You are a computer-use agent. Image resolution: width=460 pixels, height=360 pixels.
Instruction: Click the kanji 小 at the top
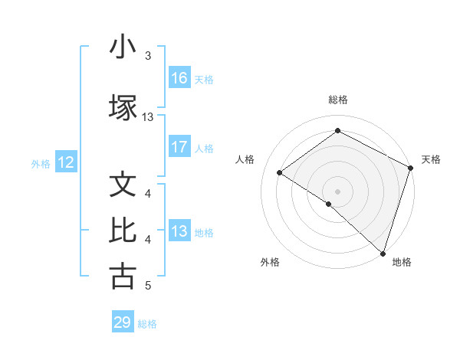click(123, 47)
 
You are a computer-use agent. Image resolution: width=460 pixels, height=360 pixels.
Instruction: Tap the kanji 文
click(123, 185)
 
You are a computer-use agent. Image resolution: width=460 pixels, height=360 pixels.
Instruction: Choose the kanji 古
click(123, 277)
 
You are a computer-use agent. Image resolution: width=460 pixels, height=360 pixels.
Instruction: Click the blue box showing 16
click(179, 78)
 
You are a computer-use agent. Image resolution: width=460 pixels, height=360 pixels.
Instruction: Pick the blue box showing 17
click(179, 147)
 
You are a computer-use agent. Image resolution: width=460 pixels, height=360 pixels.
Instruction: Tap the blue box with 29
click(123, 322)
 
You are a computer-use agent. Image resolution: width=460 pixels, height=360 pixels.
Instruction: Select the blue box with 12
click(66, 162)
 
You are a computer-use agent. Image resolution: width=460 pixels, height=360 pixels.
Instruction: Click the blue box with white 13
click(179, 231)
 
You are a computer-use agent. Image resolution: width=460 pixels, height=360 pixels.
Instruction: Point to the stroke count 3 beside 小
click(148, 56)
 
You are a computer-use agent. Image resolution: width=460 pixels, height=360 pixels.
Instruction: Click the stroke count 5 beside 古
click(148, 286)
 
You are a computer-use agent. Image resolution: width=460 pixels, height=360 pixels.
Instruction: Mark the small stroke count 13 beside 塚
click(148, 117)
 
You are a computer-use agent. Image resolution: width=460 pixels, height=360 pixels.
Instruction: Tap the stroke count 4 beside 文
click(148, 194)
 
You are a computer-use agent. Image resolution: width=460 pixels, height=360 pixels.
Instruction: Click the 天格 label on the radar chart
click(431, 159)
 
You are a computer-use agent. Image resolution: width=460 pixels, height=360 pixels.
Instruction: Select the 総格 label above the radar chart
click(337, 100)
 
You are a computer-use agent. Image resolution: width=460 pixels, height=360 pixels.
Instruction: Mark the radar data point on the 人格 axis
click(280, 173)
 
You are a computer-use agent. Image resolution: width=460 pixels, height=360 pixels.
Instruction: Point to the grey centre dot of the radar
click(337, 191)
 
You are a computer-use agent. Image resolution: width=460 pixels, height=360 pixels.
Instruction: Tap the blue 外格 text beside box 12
click(41, 163)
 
